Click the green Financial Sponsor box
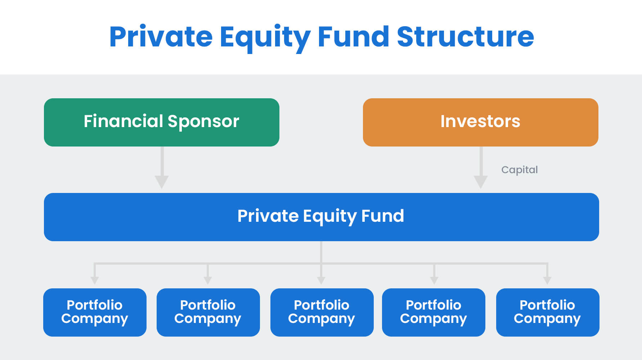[x=161, y=122]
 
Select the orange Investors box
[x=480, y=122]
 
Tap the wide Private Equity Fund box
[x=321, y=217]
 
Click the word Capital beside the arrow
[x=519, y=170]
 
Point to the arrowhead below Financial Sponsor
[x=162, y=181]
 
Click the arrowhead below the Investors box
[x=481, y=181]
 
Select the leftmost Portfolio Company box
[x=95, y=312]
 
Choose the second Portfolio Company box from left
[x=208, y=312]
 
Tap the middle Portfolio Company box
[x=322, y=312]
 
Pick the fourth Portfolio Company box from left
[x=434, y=312]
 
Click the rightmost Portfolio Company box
[x=547, y=312]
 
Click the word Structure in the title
[x=465, y=37]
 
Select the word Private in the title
[x=161, y=37]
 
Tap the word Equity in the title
[x=265, y=37]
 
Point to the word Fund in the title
[x=353, y=37]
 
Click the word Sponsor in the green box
[x=203, y=122]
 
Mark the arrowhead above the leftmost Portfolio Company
[x=95, y=280]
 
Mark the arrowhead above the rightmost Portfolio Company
[x=547, y=280]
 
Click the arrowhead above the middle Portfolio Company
[x=321, y=280]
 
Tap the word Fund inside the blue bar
[x=382, y=216]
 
